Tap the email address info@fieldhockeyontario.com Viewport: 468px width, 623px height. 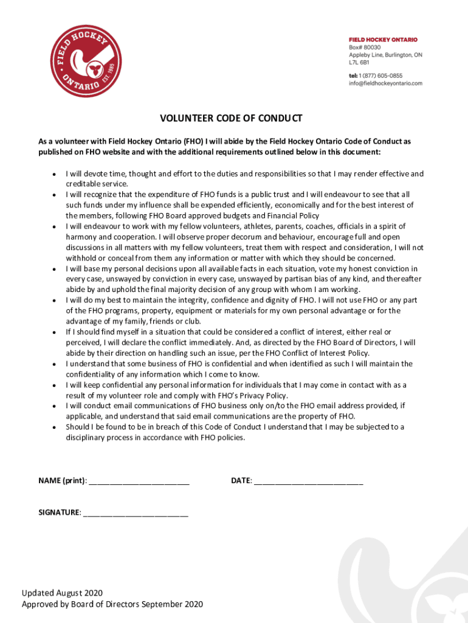(385, 83)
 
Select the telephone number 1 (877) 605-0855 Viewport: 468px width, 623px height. (390, 75)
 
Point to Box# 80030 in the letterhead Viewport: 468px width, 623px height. (365, 47)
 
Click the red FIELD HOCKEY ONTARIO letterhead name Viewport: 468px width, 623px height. (383, 40)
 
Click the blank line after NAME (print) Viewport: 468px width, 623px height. (139, 481)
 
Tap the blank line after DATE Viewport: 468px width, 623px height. (308, 481)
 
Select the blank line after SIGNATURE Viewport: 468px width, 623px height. (136, 513)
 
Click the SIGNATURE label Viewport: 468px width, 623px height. (59, 513)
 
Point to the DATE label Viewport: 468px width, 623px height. (241, 481)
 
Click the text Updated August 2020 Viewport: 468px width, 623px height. (62, 593)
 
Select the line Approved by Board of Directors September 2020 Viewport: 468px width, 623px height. (112, 604)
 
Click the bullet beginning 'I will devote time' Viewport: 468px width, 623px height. (244, 173)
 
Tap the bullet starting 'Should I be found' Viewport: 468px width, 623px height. (235, 427)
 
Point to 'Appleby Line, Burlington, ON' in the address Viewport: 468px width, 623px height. (385, 55)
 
